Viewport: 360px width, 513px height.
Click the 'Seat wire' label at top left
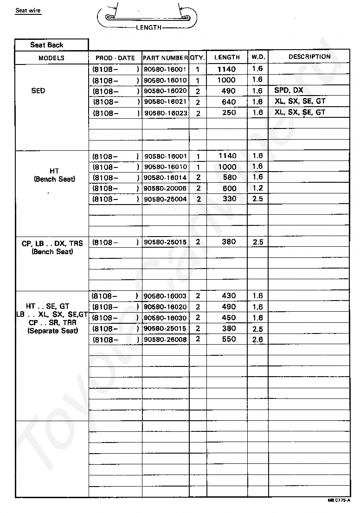tap(28, 10)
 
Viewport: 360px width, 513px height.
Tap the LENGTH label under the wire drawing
tap(148, 27)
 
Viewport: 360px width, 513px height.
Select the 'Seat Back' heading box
tap(47, 45)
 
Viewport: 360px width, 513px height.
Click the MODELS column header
tap(51, 58)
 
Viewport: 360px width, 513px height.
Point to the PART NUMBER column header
tap(165, 58)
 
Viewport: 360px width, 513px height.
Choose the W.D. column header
tap(258, 57)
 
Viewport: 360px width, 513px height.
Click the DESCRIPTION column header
tap(309, 57)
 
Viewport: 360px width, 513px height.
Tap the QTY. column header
tap(198, 58)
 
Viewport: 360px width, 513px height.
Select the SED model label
tap(38, 90)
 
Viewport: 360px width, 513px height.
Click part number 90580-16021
tap(165, 102)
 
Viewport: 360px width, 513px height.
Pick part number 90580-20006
tap(165, 188)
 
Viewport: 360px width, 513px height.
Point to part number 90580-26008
tap(165, 339)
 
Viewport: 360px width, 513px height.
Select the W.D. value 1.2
tap(258, 188)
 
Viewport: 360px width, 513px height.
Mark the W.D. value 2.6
tap(258, 339)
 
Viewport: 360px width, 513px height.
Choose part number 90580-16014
tap(165, 178)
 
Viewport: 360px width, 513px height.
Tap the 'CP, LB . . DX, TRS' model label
tap(52, 244)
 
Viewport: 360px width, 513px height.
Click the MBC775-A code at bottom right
tap(339, 501)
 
